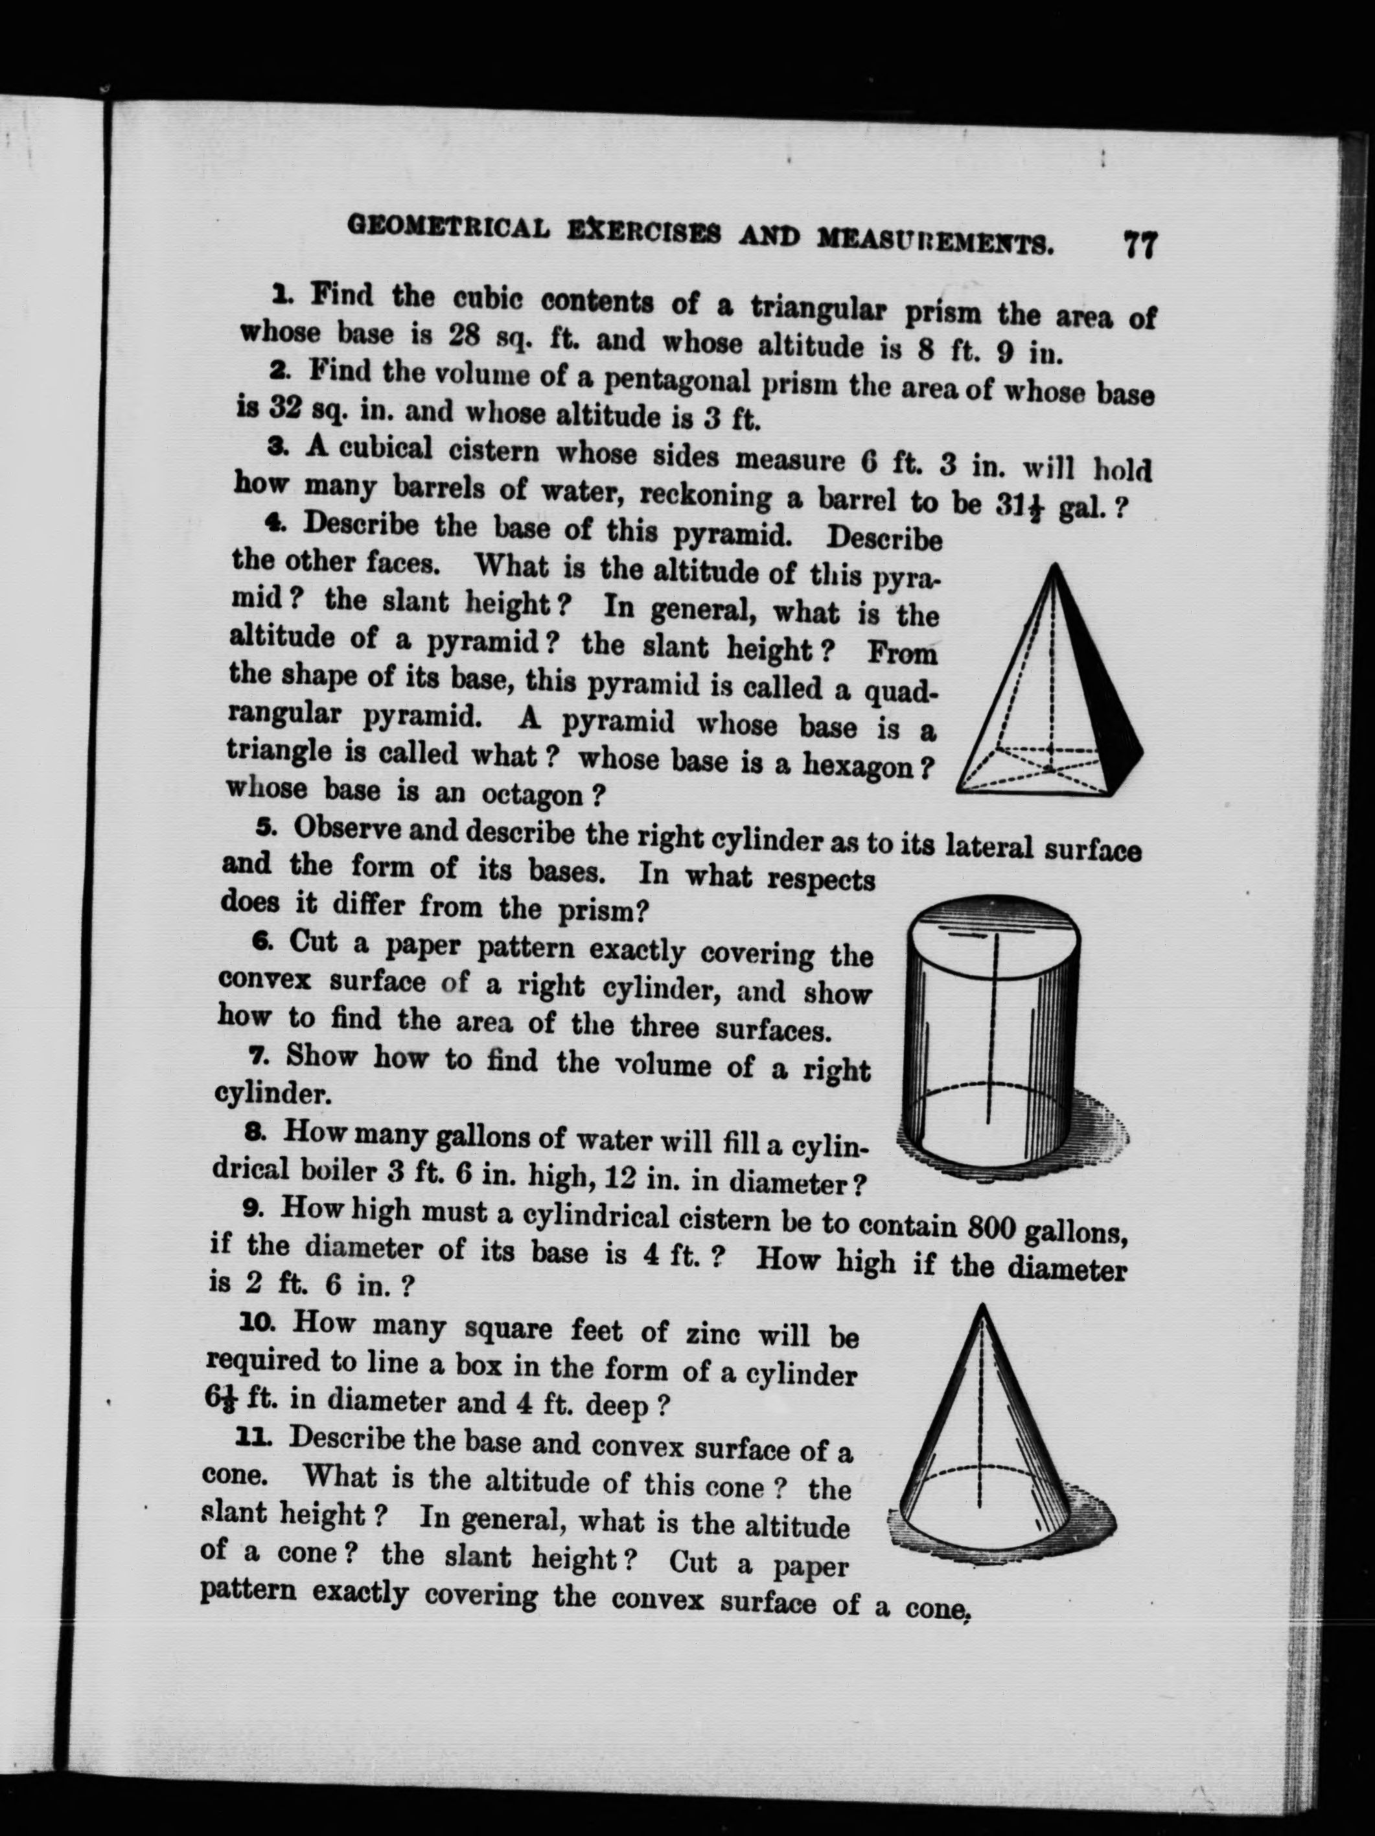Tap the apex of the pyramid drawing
(1053, 566)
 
